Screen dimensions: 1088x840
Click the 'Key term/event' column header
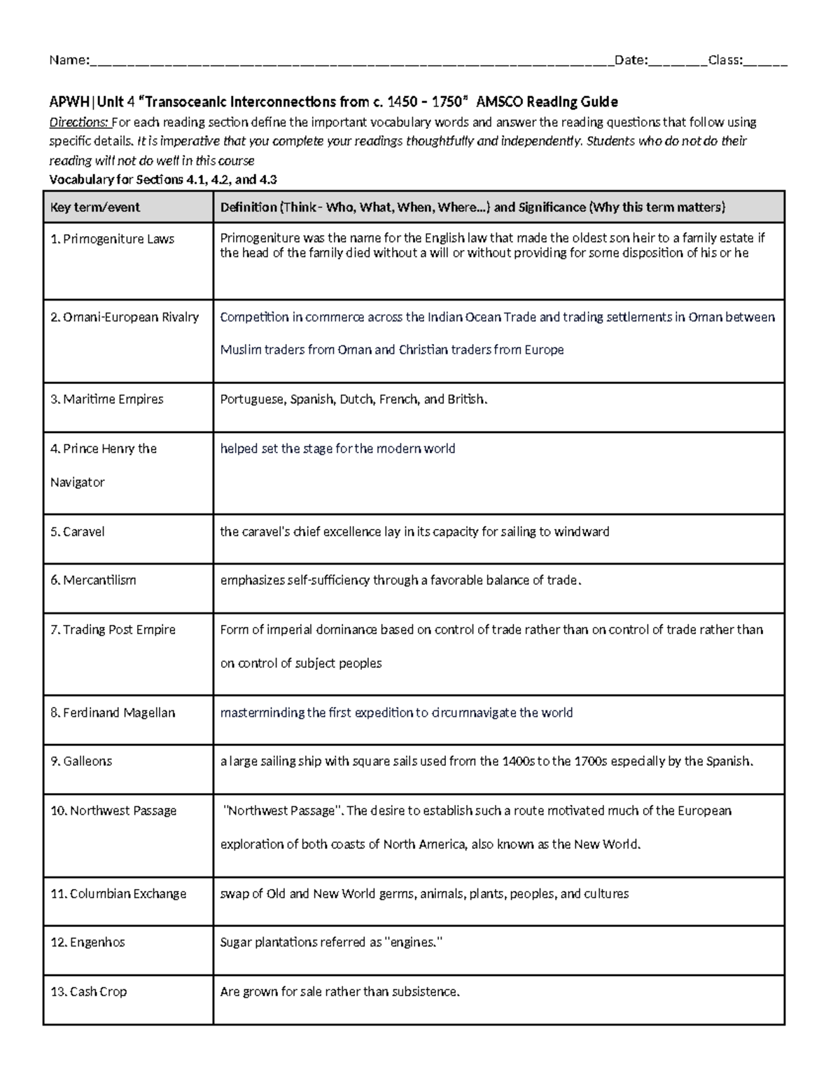(x=94, y=207)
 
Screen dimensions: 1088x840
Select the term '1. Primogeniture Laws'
(x=112, y=239)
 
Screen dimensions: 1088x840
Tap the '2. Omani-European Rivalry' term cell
(x=125, y=317)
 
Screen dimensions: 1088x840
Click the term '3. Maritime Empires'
(x=106, y=399)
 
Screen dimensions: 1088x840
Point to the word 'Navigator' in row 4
(x=78, y=482)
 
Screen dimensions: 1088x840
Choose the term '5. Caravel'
(x=77, y=532)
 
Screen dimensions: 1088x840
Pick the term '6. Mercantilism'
(x=93, y=580)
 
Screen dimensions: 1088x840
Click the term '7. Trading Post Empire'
(x=113, y=630)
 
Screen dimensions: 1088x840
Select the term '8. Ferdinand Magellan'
(x=112, y=712)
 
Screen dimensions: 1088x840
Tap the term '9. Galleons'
(x=81, y=761)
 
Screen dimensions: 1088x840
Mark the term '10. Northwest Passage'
(x=113, y=811)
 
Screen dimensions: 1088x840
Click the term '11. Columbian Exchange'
(x=118, y=894)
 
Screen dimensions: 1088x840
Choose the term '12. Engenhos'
(x=87, y=942)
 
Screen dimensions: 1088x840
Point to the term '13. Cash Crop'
(x=89, y=991)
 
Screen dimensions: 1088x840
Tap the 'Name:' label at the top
(x=69, y=60)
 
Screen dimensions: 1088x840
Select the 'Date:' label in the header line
(x=631, y=60)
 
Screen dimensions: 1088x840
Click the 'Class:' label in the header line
(x=725, y=60)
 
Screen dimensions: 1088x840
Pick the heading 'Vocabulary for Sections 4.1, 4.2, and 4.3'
(x=162, y=179)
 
